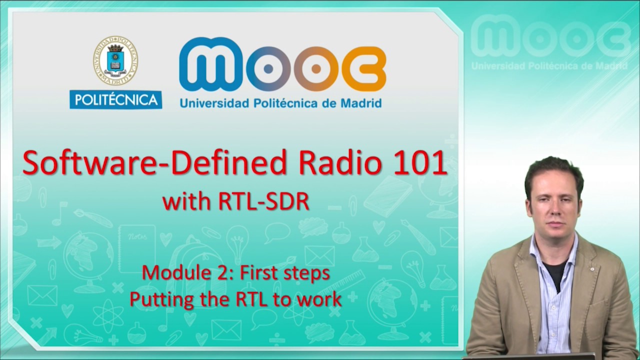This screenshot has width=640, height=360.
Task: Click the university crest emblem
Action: (x=115, y=60)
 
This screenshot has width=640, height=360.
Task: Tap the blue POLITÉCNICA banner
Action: (x=115, y=99)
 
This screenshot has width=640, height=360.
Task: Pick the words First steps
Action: (x=285, y=273)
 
